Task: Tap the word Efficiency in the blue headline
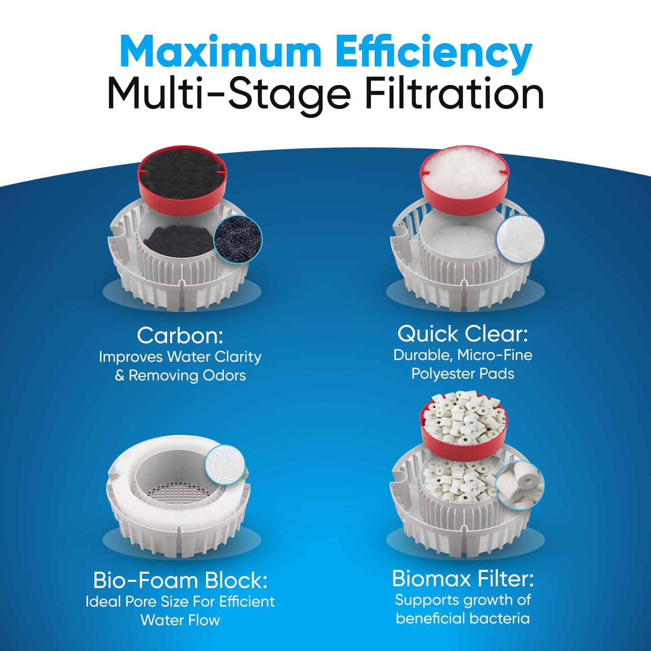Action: [x=434, y=53]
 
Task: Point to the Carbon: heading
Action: [x=180, y=335]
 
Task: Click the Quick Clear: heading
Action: [x=462, y=334]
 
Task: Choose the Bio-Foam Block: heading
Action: [x=180, y=580]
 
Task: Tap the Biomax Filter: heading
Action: [x=462, y=578]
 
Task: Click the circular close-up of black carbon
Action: [x=237, y=238]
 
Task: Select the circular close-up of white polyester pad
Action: [x=520, y=238]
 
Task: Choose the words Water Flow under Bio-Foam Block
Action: [x=180, y=620]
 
